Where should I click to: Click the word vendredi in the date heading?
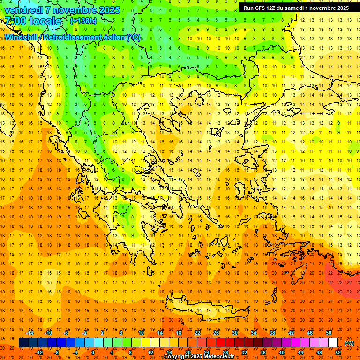tap(24, 10)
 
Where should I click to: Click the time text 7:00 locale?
tap(33, 21)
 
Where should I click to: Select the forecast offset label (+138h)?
tap(83, 21)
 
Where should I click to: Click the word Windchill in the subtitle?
tap(22, 37)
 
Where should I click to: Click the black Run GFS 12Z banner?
tap(296, 8)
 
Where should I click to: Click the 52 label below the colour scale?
tap(338, 352)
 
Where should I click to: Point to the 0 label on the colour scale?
tap(93, 352)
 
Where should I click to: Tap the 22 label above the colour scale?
tap(197, 333)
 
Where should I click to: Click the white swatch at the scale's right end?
tap(333, 343)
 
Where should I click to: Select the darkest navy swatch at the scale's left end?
tap(23, 343)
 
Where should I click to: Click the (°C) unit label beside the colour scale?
tap(349, 343)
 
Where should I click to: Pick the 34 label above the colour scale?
tap(254, 333)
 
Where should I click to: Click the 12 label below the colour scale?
tap(150, 352)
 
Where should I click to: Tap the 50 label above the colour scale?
tap(329, 333)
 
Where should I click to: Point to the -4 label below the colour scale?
tap(75, 352)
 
